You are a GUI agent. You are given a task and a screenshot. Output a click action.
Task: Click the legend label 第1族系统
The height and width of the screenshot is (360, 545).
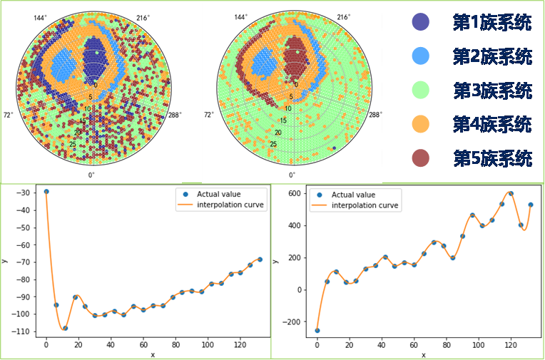coord(492,22)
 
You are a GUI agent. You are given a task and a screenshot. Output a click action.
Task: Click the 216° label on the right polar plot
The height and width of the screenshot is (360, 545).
coord(344,16)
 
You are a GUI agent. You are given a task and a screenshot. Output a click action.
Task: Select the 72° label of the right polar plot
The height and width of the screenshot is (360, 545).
coord(209,114)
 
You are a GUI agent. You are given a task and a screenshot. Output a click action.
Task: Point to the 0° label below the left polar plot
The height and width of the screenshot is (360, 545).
coord(91,174)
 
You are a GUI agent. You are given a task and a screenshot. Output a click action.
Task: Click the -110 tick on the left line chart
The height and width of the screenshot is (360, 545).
coord(25,331)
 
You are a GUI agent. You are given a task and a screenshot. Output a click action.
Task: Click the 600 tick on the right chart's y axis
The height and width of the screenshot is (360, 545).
coord(300,194)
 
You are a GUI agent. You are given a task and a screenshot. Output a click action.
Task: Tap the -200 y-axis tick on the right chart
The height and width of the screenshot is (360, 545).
coord(297,322)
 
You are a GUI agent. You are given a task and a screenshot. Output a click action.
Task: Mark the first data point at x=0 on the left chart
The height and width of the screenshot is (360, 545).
coord(46,192)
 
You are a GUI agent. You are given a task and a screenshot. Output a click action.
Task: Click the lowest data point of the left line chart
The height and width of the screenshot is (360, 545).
coord(65,328)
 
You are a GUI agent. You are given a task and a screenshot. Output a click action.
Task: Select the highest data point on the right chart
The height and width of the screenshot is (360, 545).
coord(511,193)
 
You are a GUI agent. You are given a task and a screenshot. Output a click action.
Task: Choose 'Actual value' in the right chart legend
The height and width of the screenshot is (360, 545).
coord(352,195)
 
